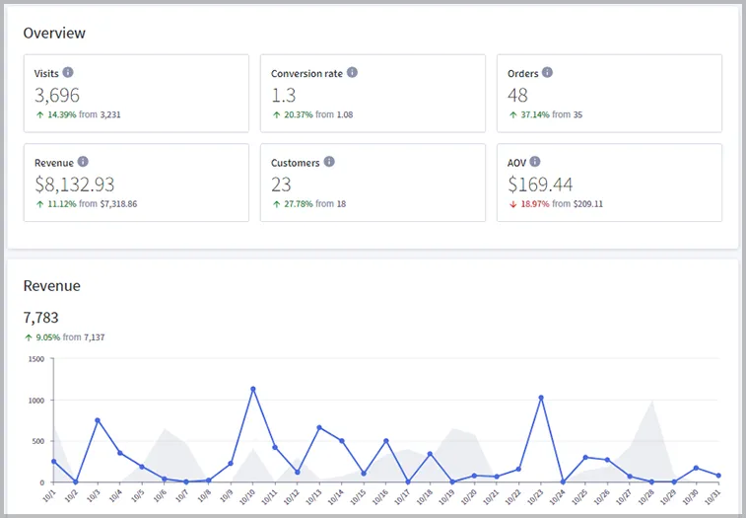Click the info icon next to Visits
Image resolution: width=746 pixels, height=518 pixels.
pos(68,73)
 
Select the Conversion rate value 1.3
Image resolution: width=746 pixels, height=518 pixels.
pos(284,95)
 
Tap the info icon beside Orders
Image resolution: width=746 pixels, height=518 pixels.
pos(548,73)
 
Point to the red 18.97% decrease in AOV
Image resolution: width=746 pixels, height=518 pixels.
pos(538,204)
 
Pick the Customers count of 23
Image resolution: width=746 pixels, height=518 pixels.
pos(283,184)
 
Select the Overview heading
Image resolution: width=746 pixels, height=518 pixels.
pos(54,33)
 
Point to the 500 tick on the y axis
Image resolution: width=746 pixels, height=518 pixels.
pos(37,441)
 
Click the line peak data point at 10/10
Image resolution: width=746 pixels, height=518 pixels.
pos(253,389)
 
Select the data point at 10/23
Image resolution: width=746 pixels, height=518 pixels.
pos(541,398)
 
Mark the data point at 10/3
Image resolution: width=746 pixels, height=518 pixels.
pos(98,420)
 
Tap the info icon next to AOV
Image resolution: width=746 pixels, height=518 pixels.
pos(538,162)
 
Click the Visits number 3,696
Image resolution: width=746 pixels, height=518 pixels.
pos(57,95)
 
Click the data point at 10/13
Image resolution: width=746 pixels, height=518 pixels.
pos(319,428)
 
